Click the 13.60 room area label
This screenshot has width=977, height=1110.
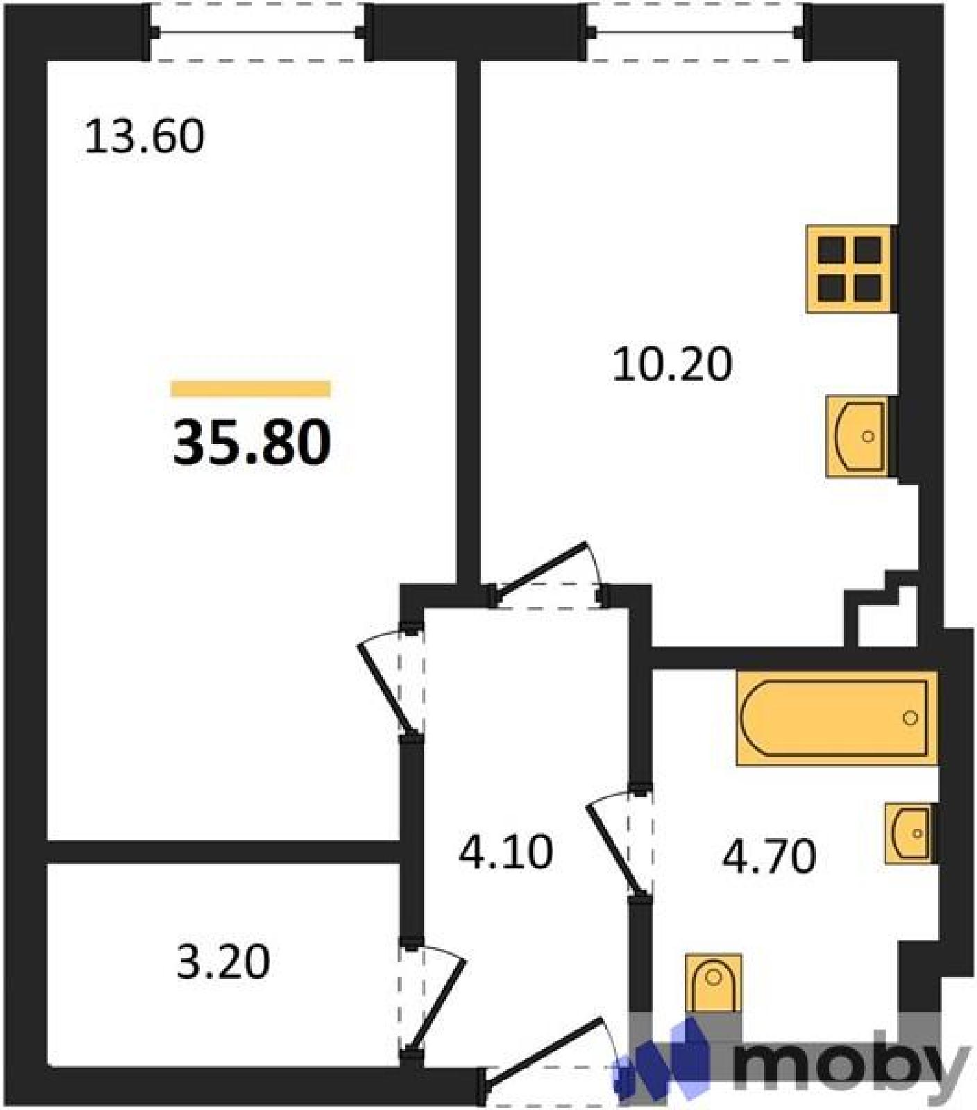point(144,137)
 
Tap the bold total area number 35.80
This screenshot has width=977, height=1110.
point(251,443)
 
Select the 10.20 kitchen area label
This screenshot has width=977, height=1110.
point(672,365)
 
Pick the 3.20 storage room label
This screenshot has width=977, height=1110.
point(223,963)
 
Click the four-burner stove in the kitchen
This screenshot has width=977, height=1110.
point(850,268)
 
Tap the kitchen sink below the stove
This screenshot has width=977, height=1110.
point(858,436)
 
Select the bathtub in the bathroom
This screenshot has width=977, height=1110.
point(836,718)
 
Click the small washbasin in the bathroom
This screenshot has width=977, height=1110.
point(908,833)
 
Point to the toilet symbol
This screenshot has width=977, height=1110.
point(713,984)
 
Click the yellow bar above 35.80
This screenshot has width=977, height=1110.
point(250,388)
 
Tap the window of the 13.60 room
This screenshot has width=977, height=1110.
point(258,32)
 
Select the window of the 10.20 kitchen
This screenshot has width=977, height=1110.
point(695,32)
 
